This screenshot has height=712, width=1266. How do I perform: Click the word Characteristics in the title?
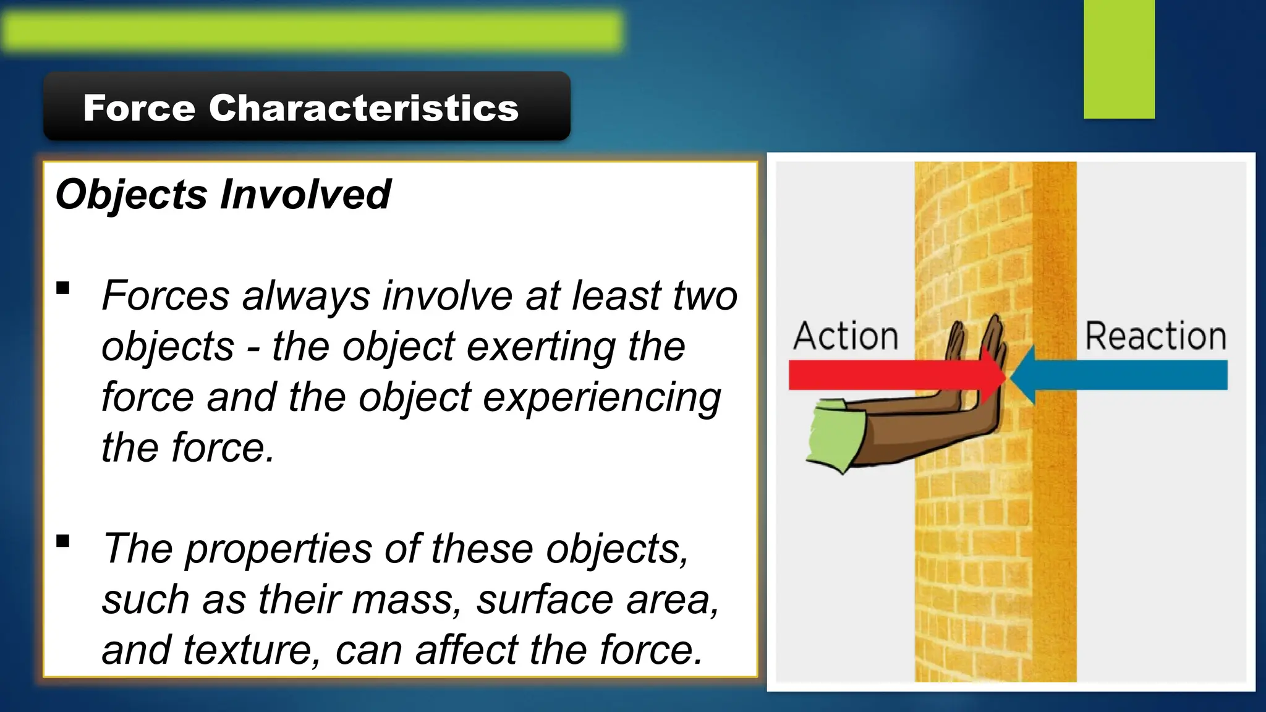[363, 108]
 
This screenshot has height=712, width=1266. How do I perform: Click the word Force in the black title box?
[139, 108]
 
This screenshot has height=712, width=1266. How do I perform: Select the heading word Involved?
[305, 195]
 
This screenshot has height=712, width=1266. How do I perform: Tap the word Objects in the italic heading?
[131, 195]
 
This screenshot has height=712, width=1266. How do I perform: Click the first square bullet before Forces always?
[62, 288]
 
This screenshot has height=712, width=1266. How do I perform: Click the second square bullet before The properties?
[62, 541]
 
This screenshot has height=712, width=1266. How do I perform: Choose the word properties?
[278, 549]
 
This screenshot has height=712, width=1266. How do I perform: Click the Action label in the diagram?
[846, 337]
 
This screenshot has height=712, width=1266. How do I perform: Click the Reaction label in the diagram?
[1155, 337]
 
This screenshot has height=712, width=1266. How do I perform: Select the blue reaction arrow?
[1125, 375]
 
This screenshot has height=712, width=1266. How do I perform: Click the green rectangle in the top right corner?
[1119, 59]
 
